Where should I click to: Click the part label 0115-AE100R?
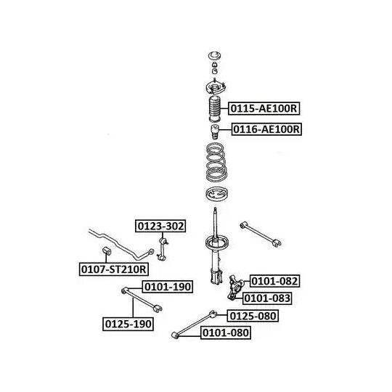click(x=264, y=108)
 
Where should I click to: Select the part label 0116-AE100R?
click(x=266, y=129)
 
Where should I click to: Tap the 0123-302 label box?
click(x=160, y=226)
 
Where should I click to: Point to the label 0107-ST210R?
click(x=114, y=269)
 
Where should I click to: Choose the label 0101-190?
click(x=168, y=287)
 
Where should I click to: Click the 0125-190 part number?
click(x=128, y=324)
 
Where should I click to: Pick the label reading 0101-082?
click(x=274, y=281)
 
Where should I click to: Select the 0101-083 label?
click(x=267, y=298)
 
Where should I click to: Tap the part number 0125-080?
click(x=253, y=316)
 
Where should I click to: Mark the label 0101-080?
click(x=226, y=332)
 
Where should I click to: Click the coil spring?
click(x=216, y=162)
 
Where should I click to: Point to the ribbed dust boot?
click(x=214, y=108)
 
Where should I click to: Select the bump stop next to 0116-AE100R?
click(x=214, y=131)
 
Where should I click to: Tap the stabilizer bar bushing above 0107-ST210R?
click(x=107, y=250)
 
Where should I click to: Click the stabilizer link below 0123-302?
click(x=163, y=249)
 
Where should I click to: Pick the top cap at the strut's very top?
click(x=215, y=56)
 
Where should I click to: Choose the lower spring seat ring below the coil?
click(x=216, y=194)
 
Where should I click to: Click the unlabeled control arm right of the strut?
click(x=261, y=234)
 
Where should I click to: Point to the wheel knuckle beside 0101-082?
click(x=235, y=287)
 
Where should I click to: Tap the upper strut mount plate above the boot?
click(x=216, y=88)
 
